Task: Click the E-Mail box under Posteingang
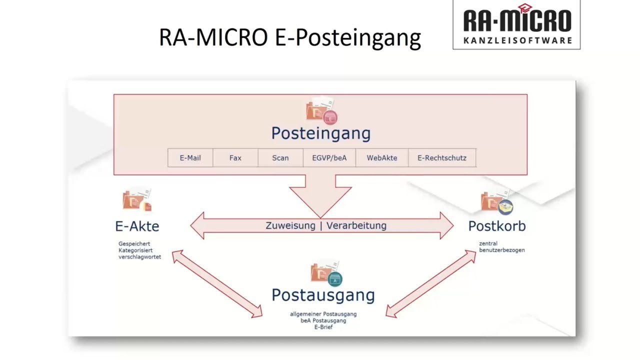click(x=190, y=158)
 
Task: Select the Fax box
click(x=235, y=158)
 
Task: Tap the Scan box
click(x=280, y=158)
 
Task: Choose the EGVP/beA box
click(x=329, y=158)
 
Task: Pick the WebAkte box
click(x=381, y=158)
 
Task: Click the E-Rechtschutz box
click(x=441, y=158)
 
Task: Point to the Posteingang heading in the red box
click(x=320, y=133)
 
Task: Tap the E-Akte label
click(x=137, y=226)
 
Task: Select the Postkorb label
click(x=496, y=226)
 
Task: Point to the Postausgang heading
click(x=323, y=295)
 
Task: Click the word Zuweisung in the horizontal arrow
click(x=290, y=225)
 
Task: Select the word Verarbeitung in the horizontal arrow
click(x=356, y=225)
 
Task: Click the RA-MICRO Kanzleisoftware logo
click(x=516, y=24)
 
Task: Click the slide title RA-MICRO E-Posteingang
click(x=289, y=37)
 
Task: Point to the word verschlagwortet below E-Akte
click(x=139, y=257)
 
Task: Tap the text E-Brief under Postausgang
click(x=323, y=327)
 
